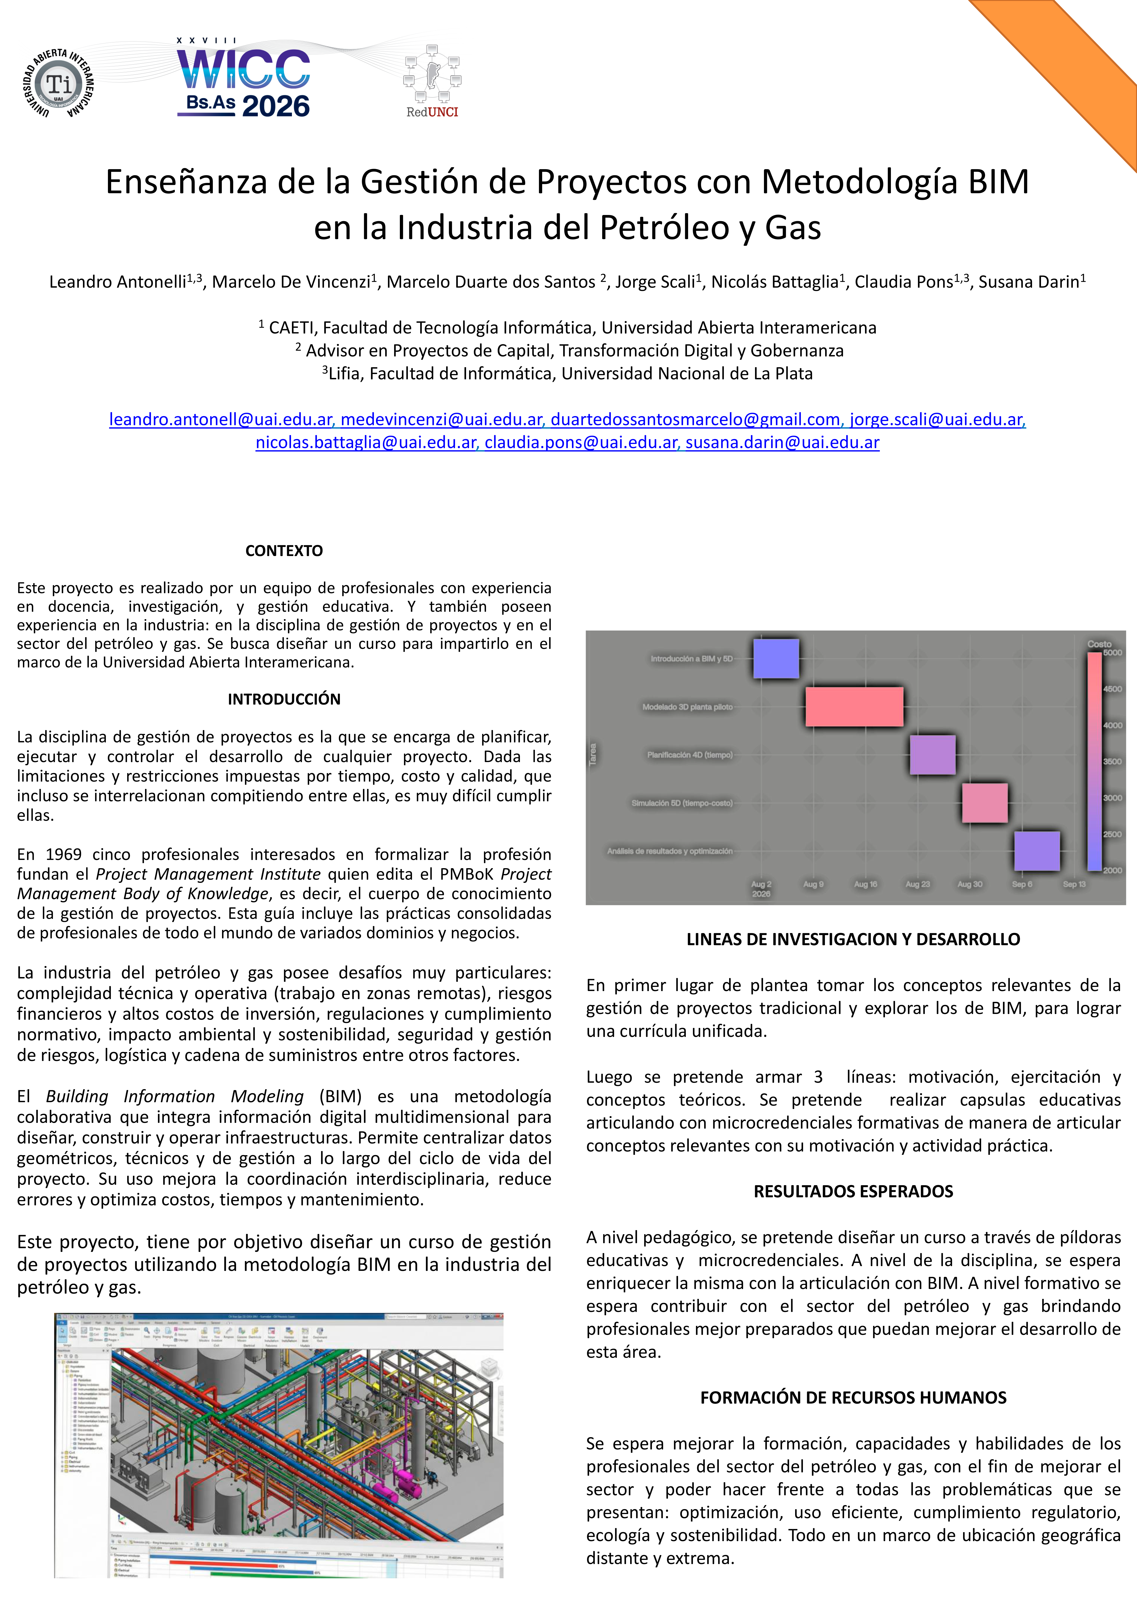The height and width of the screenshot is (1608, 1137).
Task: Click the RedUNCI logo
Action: pos(432,80)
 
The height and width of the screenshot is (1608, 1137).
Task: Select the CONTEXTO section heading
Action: pos(283,551)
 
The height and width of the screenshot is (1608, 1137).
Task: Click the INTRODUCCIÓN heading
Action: pos(283,699)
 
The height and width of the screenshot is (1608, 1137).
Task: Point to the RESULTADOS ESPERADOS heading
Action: pos(853,1191)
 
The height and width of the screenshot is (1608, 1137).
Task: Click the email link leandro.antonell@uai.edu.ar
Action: pos(220,419)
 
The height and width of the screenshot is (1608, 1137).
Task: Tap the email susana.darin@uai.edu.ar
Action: pos(782,443)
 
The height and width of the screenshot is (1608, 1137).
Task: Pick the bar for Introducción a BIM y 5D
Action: pos(776,658)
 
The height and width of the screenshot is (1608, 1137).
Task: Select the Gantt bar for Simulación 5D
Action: pos(984,803)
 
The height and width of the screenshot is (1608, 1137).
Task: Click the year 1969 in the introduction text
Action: pos(63,854)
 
